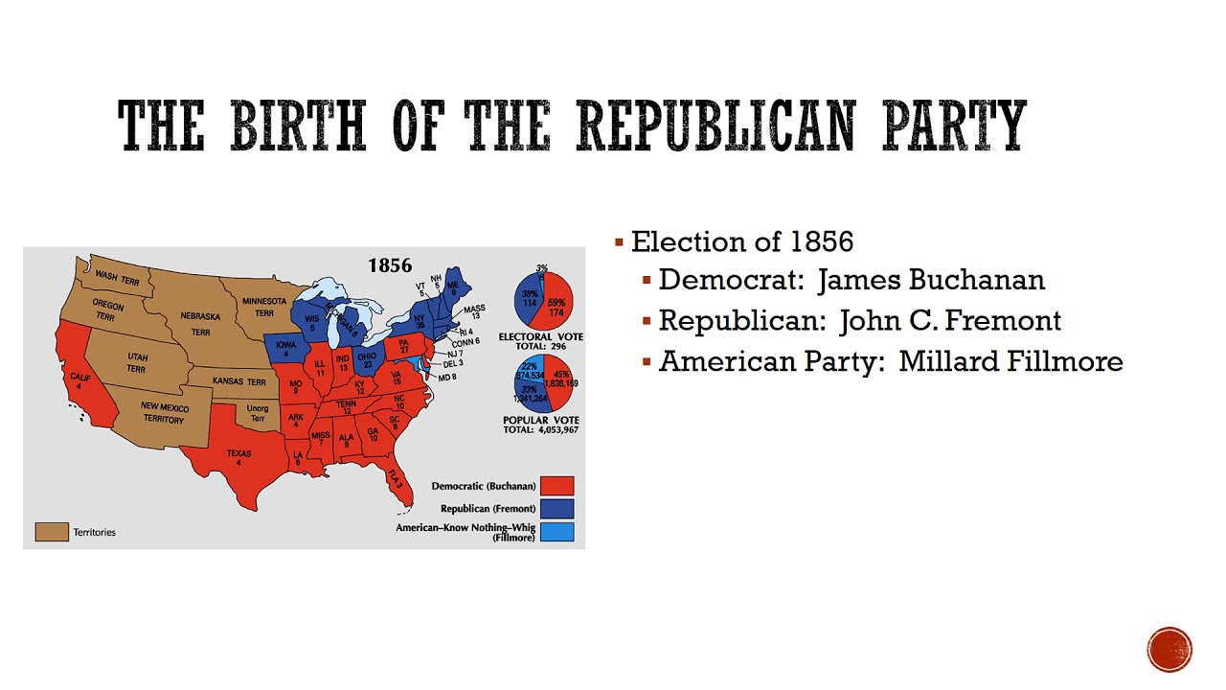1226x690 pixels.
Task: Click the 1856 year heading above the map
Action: (390, 265)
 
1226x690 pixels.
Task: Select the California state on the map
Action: (82, 379)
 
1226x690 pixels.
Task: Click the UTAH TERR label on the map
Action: (137, 362)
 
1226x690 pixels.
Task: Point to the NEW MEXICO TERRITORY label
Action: (165, 413)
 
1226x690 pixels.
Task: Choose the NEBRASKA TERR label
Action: (200, 323)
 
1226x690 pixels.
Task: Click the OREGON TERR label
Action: (107, 309)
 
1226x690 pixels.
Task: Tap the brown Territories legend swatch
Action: (52, 532)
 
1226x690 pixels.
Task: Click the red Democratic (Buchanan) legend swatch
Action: (556, 487)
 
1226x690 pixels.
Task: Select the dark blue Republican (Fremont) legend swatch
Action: (556, 509)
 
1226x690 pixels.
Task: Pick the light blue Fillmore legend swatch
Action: (556, 532)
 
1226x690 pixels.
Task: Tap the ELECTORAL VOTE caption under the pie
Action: (540, 336)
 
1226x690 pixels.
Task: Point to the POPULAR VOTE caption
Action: (541, 420)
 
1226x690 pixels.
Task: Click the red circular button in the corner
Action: (1169, 650)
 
